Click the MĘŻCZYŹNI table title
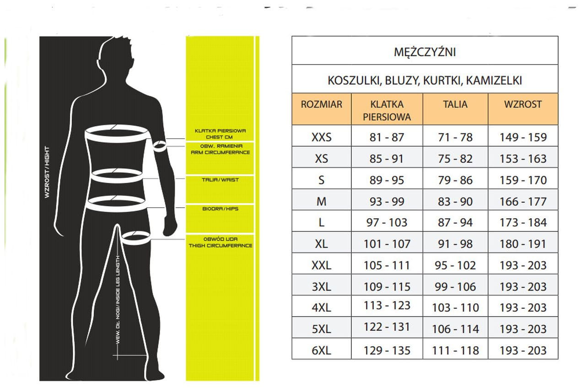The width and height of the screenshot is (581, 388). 425,52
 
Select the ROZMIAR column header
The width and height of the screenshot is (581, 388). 321,104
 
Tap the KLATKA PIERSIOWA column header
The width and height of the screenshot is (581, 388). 387,110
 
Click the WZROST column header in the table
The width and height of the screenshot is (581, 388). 522,104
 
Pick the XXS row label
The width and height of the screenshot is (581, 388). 321,137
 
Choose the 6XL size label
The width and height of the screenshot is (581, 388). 321,350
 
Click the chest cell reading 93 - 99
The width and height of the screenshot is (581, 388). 387,201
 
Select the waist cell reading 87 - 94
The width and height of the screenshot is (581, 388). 455,222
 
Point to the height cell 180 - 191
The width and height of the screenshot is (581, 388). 522,244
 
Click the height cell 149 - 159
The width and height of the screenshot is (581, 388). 522,137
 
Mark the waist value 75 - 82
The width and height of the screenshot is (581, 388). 455,158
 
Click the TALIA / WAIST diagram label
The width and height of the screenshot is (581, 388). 220,180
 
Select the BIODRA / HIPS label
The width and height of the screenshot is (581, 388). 220,209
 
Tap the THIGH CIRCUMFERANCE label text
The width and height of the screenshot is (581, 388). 220,246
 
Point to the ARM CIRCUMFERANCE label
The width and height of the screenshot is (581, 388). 220,152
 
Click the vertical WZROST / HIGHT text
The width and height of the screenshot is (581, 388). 47,172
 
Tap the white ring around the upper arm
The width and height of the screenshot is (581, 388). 160,146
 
